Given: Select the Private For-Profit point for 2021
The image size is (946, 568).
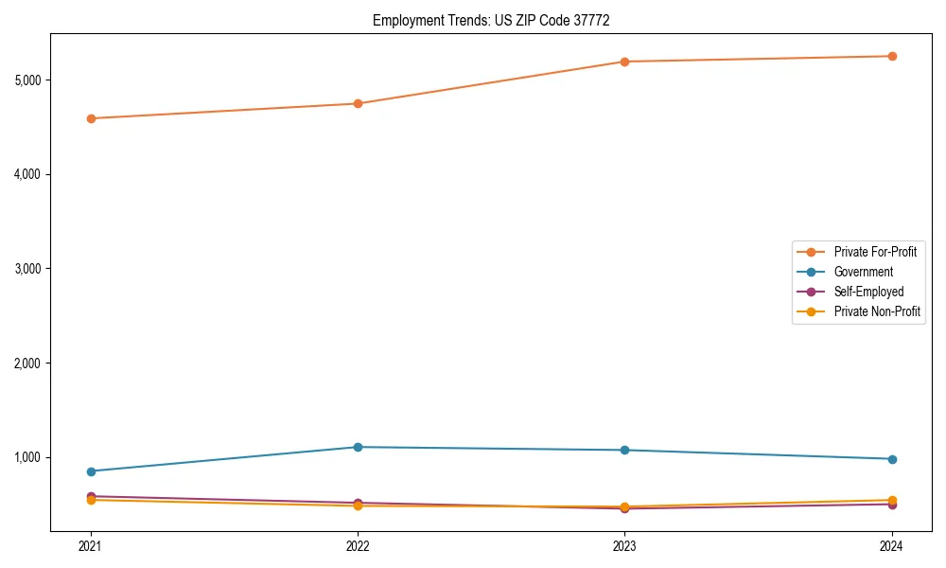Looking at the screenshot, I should point(91,118).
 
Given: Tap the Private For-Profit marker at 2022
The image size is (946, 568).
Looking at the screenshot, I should point(358,103).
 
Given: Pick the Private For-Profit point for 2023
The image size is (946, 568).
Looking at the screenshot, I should point(624,62).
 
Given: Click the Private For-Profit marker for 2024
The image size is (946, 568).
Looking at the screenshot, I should point(891,56).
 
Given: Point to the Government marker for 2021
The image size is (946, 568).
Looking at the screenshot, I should point(91,471).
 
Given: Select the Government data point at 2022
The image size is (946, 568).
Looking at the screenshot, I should point(358,447).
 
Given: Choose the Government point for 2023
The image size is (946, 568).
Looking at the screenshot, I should point(624,450).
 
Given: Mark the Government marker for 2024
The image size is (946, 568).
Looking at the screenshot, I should point(891,459).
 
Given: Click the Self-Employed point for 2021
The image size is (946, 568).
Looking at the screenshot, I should point(91,496).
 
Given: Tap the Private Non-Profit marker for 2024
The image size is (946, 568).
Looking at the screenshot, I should point(891,500).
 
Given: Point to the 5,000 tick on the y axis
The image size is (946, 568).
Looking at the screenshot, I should point(31,80).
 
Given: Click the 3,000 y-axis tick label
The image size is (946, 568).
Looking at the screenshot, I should point(31,269).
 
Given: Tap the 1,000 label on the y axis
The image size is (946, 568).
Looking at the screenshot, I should point(31,457).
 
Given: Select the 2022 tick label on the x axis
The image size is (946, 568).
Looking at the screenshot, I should point(358,545).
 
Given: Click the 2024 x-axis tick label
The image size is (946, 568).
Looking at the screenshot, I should point(891,545).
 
